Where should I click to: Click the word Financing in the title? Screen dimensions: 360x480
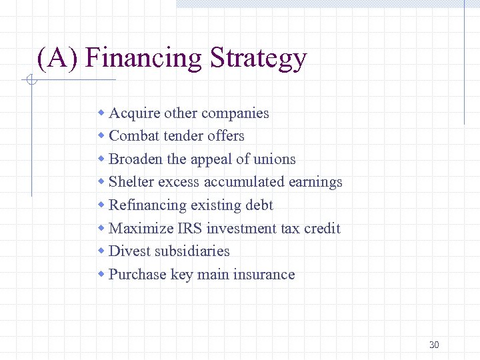[143, 58]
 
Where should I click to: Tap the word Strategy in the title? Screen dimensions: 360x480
[257, 58]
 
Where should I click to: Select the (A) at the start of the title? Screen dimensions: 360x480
[58, 58]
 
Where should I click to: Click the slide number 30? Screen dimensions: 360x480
[434, 345]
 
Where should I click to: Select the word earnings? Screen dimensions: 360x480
[315, 182]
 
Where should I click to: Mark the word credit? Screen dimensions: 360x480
[322, 229]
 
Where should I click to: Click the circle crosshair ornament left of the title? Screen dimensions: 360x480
[31, 81]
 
